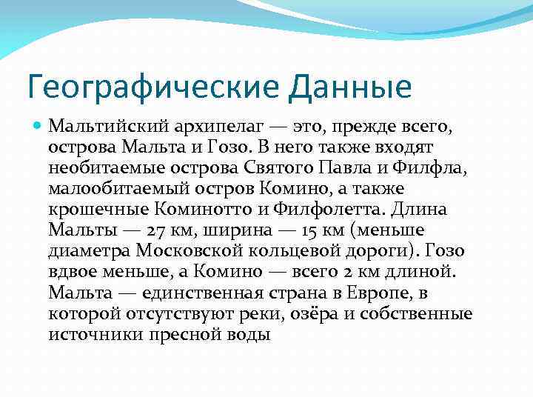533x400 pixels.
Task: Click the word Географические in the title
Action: click(x=151, y=86)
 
